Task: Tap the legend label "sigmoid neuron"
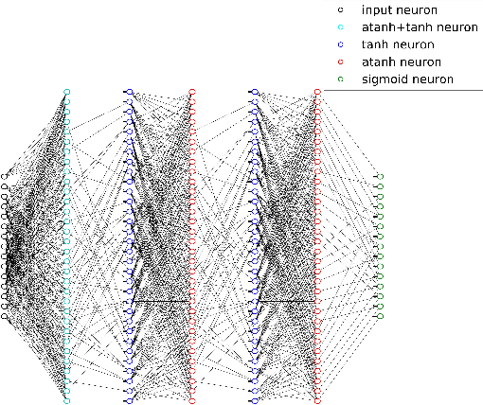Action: (407, 79)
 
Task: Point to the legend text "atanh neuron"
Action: (398, 62)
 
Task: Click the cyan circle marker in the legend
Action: (340, 27)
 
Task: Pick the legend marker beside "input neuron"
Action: (340, 10)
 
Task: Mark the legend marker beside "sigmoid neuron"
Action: (340, 79)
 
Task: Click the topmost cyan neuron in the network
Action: (66, 92)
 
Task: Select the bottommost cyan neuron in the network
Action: (66, 401)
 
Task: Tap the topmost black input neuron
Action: (5, 176)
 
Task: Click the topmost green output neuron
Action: (380, 176)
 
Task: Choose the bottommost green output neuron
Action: (380, 316)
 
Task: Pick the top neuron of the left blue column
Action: (129, 92)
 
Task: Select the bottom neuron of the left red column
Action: (191, 401)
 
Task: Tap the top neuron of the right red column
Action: (317, 92)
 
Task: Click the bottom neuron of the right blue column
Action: (254, 401)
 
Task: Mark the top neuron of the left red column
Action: (191, 92)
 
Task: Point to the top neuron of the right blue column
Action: (254, 92)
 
